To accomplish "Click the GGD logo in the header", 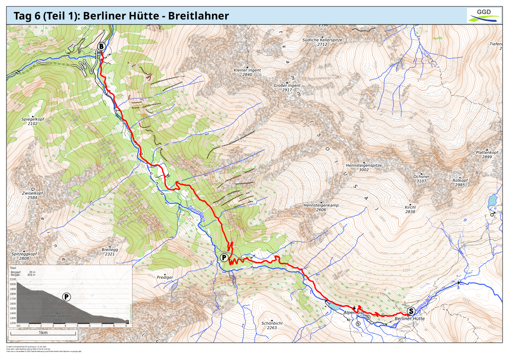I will [x=484, y=15].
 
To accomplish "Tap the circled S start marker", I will [x=411, y=311].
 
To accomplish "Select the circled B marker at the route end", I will [x=102, y=46].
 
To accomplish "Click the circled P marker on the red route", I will [x=224, y=257].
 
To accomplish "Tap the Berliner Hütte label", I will [x=409, y=319].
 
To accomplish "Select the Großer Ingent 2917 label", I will [x=287, y=88].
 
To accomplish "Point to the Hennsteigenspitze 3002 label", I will [x=363, y=167].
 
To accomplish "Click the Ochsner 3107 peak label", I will [x=421, y=178].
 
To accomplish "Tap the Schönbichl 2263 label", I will [x=272, y=325].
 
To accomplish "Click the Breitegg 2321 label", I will [x=109, y=252].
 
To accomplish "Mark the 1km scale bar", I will [x=43, y=333].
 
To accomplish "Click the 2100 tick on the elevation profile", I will [x=13, y=279].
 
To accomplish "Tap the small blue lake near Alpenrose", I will [x=333, y=306].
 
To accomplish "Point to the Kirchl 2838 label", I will [x=410, y=209].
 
